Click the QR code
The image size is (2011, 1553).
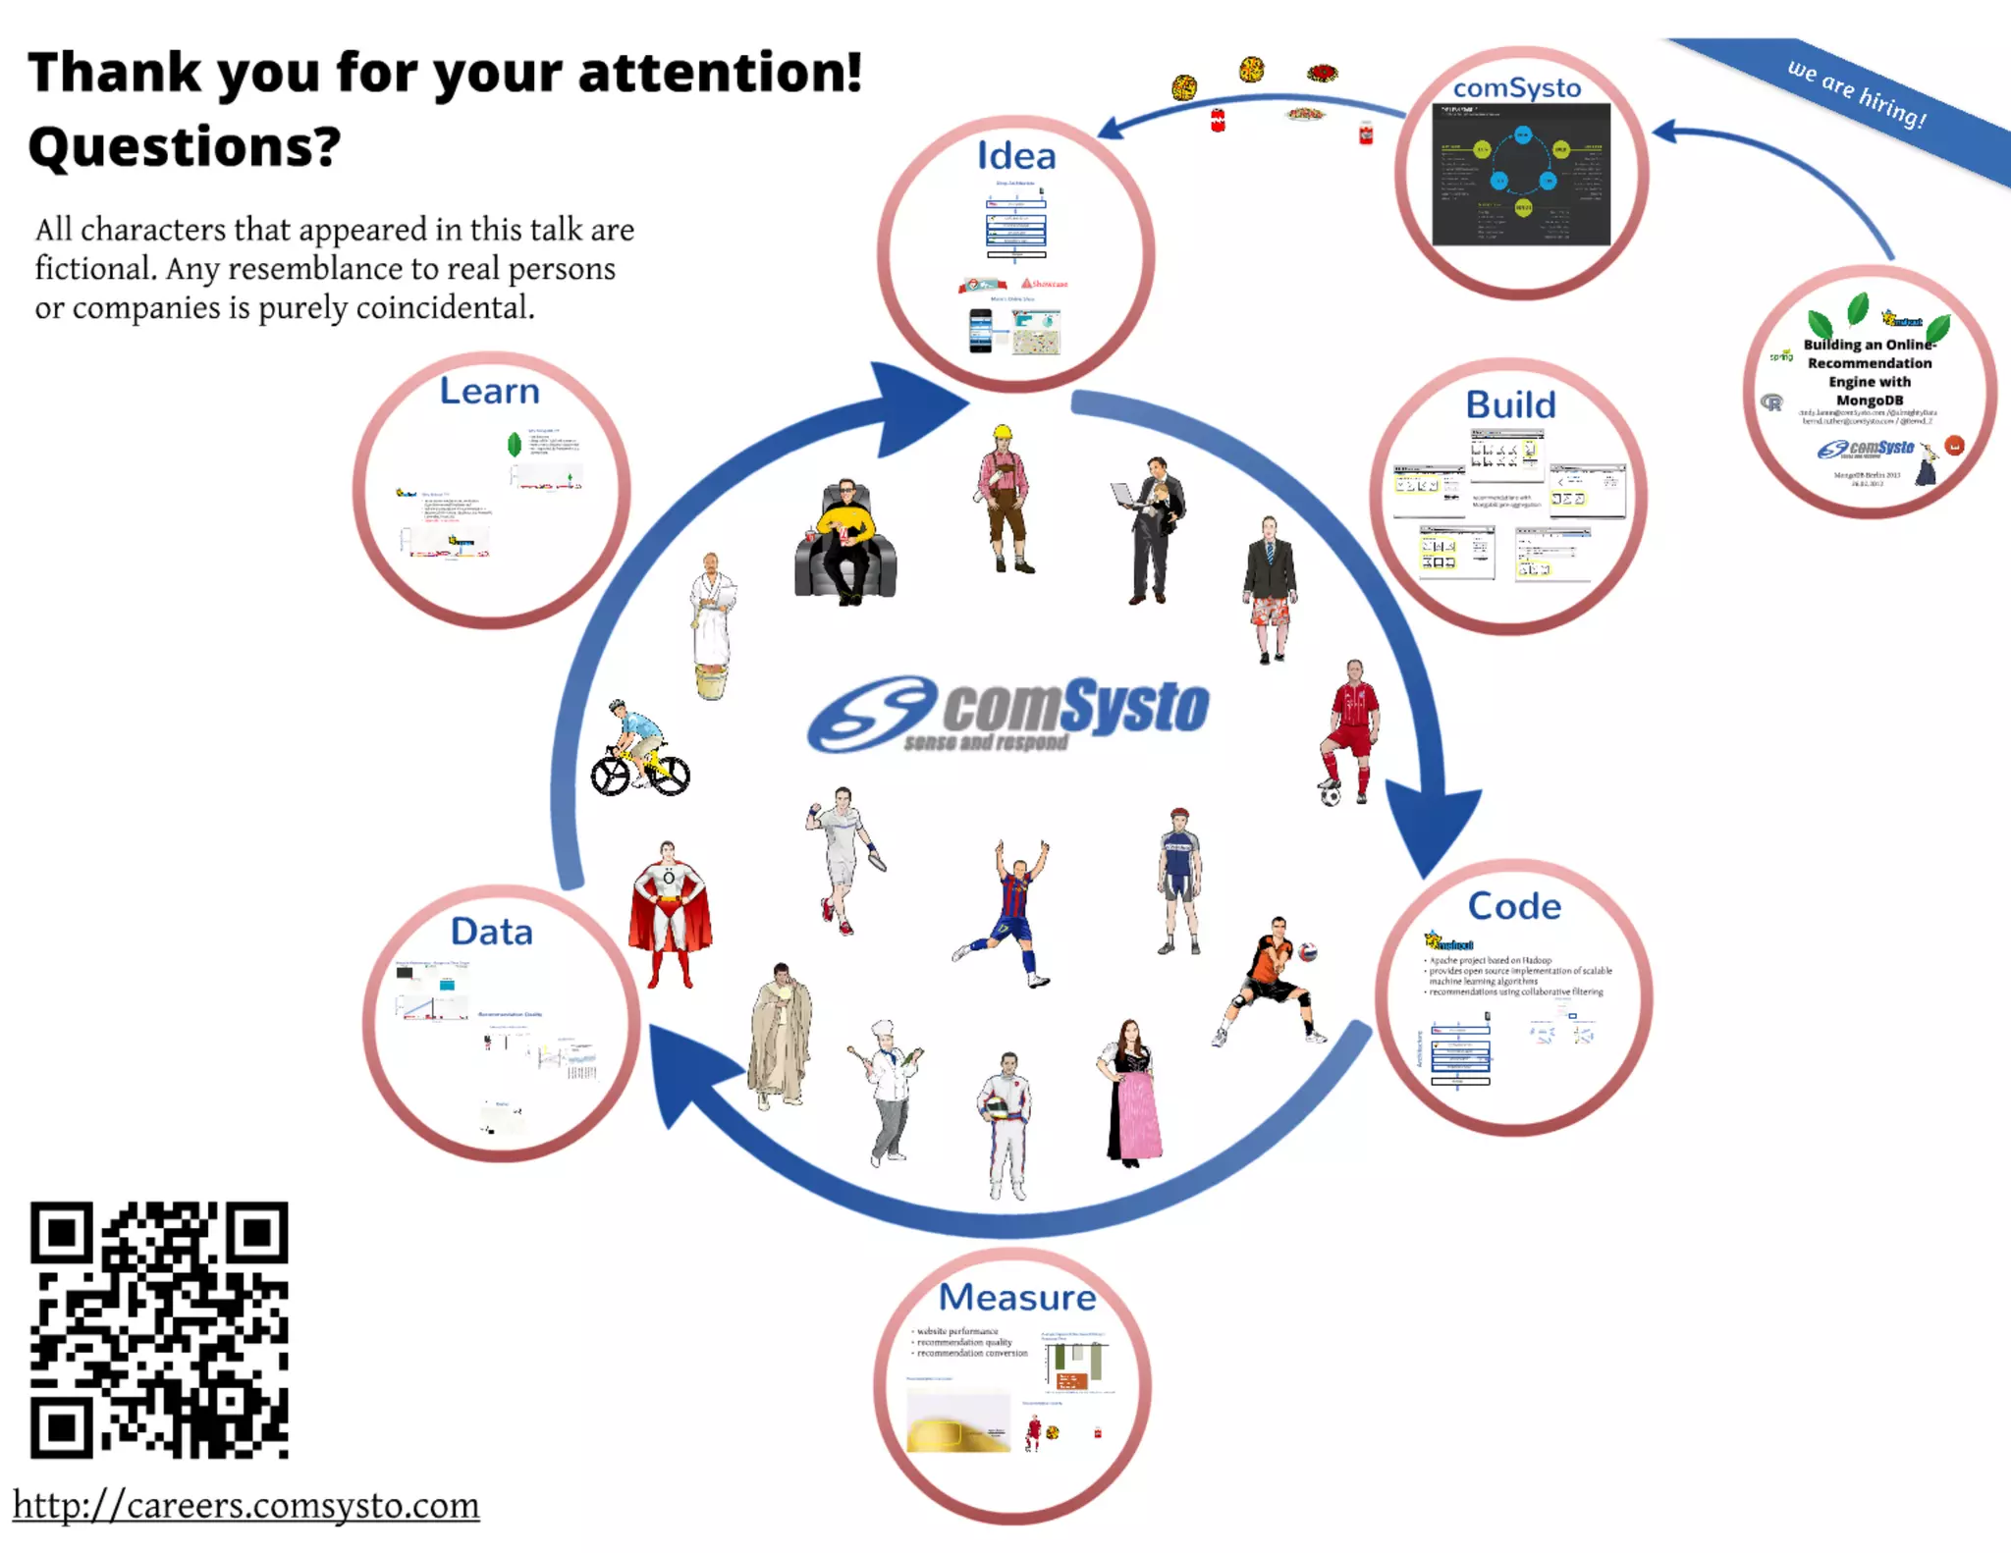pos(159,1329)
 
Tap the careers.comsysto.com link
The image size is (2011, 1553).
pos(245,1505)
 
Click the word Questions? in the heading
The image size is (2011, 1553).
pos(185,147)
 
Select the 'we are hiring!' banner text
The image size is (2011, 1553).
pos(1856,93)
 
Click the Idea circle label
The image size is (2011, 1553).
pos(1016,156)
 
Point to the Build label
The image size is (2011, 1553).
pos(1510,404)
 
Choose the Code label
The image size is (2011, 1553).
pos(1514,906)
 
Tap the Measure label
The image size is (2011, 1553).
pos(1017,1297)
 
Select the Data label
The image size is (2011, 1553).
pos(491,932)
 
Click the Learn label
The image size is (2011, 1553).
pos(489,391)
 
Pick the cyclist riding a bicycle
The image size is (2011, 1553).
pos(639,750)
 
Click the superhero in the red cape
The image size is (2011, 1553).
pos(670,913)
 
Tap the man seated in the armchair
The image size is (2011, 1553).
pos(844,540)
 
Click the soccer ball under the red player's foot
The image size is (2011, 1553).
pos(1331,795)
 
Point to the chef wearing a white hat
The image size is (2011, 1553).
pos(888,1090)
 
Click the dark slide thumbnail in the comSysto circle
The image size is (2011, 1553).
pos(1521,174)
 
